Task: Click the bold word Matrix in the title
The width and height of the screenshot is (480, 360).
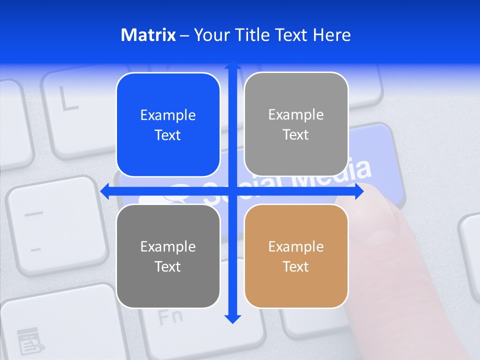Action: (x=148, y=35)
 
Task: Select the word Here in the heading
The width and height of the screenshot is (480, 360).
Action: (x=331, y=35)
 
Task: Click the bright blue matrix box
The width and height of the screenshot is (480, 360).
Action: (x=168, y=125)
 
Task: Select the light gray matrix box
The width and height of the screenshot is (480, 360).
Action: (x=296, y=124)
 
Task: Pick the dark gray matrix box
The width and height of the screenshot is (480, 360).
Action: (x=168, y=256)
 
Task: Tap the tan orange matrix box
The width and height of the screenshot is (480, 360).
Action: (x=296, y=256)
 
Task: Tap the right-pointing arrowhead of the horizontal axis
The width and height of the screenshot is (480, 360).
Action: (x=359, y=191)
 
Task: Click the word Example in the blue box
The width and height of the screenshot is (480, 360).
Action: (x=168, y=115)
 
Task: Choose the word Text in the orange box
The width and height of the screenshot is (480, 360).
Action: (x=296, y=266)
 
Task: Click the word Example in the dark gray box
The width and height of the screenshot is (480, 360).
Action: (x=168, y=246)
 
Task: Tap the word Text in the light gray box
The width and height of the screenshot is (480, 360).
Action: (x=296, y=135)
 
